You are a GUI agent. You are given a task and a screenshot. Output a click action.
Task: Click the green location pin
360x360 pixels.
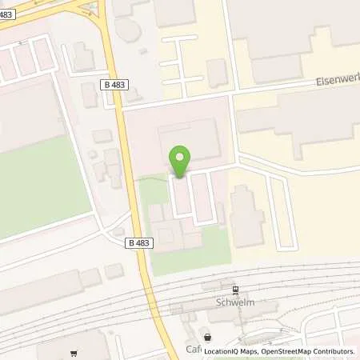181,161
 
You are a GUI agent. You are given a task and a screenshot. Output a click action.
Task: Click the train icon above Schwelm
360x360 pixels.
235,291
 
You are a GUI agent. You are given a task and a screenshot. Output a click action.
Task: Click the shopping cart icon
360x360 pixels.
74,354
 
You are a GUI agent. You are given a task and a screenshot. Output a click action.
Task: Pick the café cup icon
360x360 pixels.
209,338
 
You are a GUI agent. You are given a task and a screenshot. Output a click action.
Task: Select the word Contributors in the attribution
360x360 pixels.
334,351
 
